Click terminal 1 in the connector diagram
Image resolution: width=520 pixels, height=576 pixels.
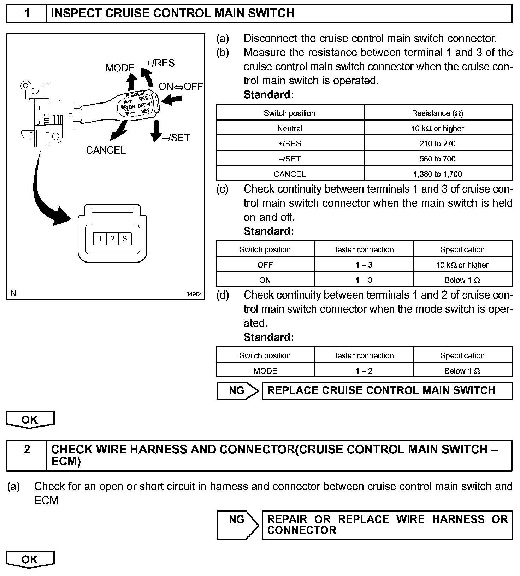100,239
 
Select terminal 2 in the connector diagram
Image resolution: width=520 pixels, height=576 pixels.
112,239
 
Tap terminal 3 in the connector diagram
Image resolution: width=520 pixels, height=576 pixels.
125,239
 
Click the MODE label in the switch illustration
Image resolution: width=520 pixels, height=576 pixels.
120,68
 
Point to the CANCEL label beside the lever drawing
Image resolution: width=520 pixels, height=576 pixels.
106,150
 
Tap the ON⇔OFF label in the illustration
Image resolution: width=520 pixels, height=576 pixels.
181,87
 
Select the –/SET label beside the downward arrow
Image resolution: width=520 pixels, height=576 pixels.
176,137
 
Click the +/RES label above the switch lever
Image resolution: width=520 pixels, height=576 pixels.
160,63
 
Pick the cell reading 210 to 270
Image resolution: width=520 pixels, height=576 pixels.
437,143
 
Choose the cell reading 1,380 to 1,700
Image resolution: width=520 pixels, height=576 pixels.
437,174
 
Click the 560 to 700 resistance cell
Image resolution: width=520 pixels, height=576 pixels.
437,159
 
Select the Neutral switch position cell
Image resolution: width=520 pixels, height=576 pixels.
290,128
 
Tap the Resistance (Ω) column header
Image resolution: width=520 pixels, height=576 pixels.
437,113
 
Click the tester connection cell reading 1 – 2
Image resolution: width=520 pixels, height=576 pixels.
364,371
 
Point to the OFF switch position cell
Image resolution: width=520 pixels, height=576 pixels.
265,265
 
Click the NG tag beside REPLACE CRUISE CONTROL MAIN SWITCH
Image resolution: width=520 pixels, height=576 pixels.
237,390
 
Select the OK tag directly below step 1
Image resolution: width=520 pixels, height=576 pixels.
30,419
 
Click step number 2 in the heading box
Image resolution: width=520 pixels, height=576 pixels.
27,449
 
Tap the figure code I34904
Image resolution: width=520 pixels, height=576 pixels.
193,294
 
